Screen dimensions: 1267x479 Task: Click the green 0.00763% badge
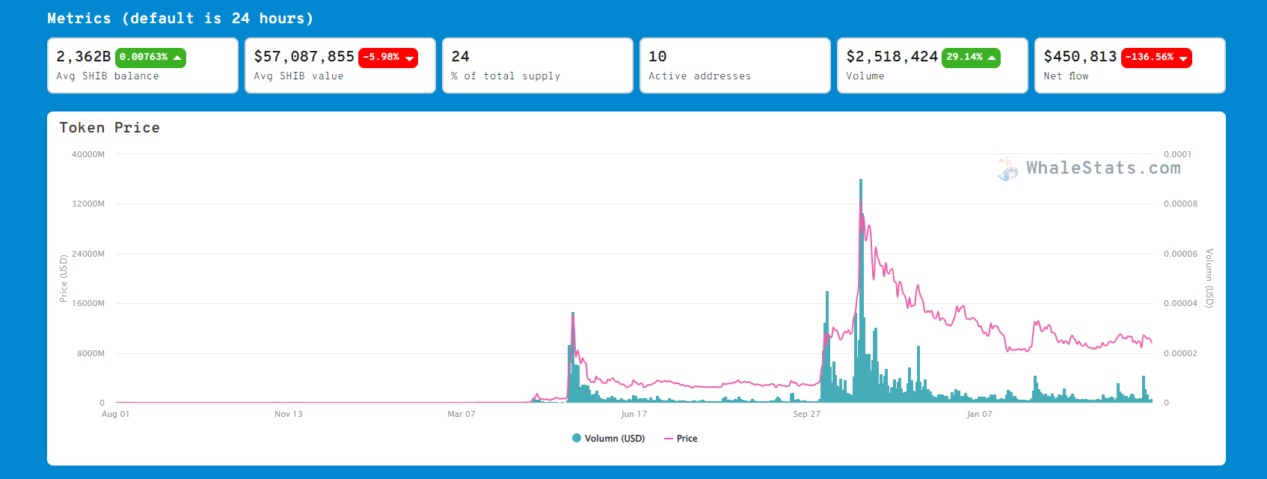pyautogui.click(x=150, y=58)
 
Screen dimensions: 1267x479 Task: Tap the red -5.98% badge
pyautogui.click(x=388, y=58)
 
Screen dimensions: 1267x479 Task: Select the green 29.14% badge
pyautogui.click(x=971, y=58)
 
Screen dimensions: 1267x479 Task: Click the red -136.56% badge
pyautogui.click(x=1156, y=58)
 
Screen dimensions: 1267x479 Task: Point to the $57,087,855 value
pyautogui.click(x=304, y=57)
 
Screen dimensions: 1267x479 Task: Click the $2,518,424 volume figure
pyautogui.click(x=892, y=57)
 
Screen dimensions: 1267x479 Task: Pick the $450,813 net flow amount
pyautogui.click(x=1080, y=57)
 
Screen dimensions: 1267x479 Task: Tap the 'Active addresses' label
pyautogui.click(x=699, y=76)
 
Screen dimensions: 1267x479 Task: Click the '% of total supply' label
pyautogui.click(x=506, y=76)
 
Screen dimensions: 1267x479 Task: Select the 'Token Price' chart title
pyautogui.click(x=110, y=127)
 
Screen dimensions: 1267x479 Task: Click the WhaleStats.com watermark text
pyautogui.click(x=1103, y=168)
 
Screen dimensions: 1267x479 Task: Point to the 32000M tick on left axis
pyautogui.click(x=88, y=204)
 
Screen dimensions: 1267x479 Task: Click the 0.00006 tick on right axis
pyautogui.click(x=1180, y=254)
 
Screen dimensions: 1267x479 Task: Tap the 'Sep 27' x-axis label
pyautogui.click(x=806, y=414)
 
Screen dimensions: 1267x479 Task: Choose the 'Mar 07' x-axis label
pyautogui.click(x=461, y=414)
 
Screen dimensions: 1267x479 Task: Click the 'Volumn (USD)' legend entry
pyautogui.click(x=609, y=439)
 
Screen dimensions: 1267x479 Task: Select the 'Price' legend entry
pyautogui.click(x=681, y=439)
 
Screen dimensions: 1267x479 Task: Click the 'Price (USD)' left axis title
pyautogui.click(x=64, y=278)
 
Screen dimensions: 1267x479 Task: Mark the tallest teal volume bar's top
pyautogui.click(x=861, y=180)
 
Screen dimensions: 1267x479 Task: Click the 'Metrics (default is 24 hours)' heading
pyautogui.click(x=180, y=19)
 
